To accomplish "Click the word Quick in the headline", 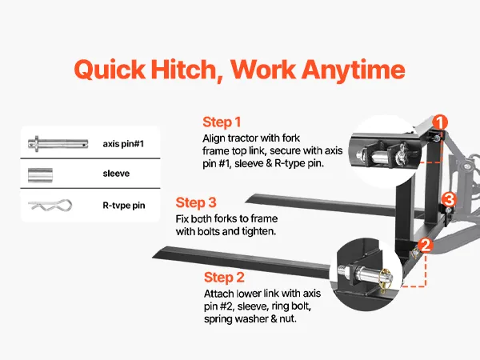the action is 110,70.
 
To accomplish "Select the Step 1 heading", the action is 222,122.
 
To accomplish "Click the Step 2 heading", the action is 224,278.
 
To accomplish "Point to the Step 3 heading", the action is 196,202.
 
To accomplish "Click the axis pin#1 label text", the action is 123,143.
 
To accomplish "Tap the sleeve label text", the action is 116,174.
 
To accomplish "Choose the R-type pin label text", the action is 124,205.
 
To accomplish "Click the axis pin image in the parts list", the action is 58,143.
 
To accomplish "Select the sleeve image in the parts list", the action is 40,175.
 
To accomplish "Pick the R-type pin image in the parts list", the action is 50,205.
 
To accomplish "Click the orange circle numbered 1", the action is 440,122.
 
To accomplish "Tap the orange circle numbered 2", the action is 426,246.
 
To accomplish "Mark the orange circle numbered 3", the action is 449,199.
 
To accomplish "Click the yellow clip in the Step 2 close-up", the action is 385,278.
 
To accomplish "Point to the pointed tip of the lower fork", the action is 153,258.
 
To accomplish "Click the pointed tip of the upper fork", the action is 246,201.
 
